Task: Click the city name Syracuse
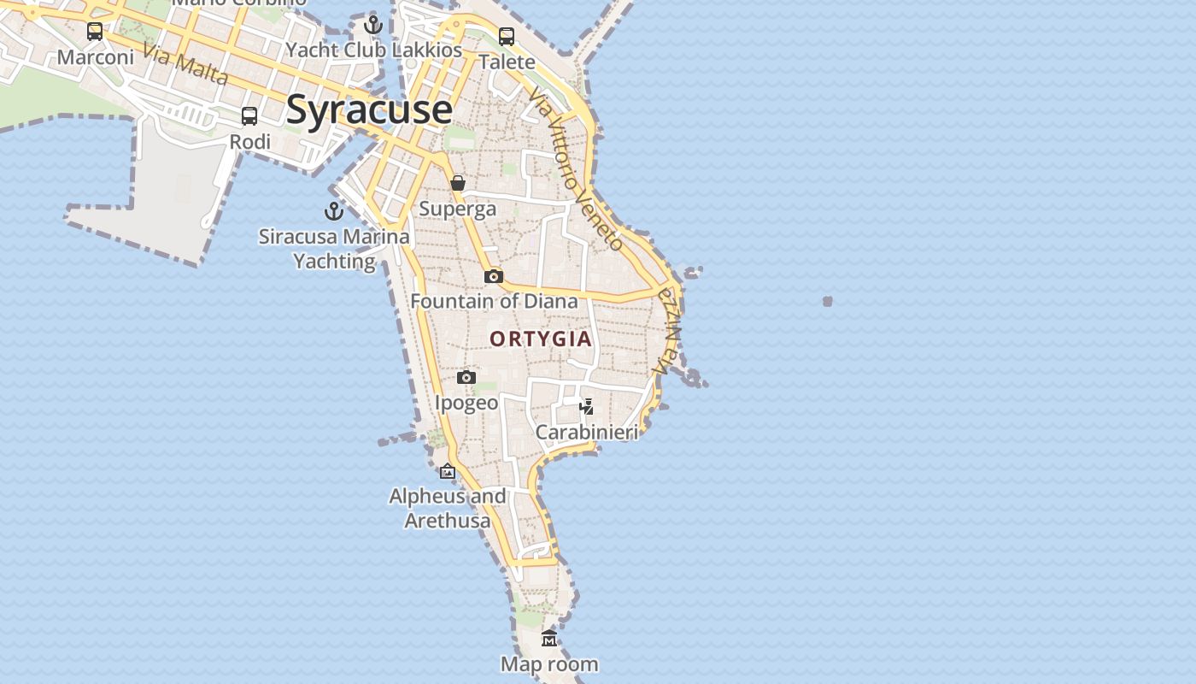pos(369,109)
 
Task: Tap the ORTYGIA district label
pos(541,339)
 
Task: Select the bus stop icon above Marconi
pos(95,32)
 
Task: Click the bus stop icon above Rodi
pos(249,115)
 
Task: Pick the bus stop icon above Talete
pos(507,36)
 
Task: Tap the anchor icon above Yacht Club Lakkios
pos(372,25)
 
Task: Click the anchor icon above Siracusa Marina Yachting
pos(333,210)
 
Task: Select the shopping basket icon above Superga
pos(458,183)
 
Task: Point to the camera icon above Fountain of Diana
pos(493,276)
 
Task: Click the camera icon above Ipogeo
pos(466,377)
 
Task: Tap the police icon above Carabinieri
pos(587,406)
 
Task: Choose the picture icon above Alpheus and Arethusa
pos(448,470)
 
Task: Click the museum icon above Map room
pos(549,638)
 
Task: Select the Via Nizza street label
pos(668,330)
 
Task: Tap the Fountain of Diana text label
pos(494,301)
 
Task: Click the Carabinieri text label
pos(587,432)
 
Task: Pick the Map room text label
pos(549,663)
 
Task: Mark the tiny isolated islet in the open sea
pos(827,301)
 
